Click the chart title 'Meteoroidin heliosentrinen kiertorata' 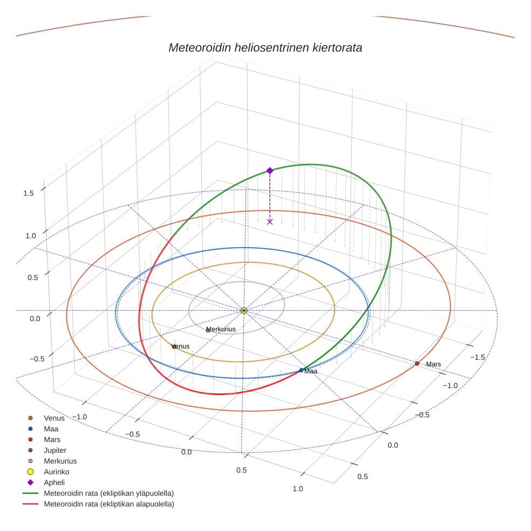tap(265, 47)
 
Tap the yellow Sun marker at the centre tap(244, 310)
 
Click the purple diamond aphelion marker tap(270, 171)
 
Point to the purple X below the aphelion tap(270, 222)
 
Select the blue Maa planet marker tap(301, 370)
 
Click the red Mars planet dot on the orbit tap(417, 364)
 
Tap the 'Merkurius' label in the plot tap(221, 329)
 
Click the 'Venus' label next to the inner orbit tap(181, 346)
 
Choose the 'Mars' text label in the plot tap(433, 364)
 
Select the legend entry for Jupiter tap(55, 450)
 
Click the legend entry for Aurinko tap(56, 472)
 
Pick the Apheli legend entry tap(54, 482)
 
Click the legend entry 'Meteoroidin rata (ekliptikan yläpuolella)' tap(108, 493)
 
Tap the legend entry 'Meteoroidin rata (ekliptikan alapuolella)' tap(108, 504)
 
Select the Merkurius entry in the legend tap(60, 461)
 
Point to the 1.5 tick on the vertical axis tap(29, 193)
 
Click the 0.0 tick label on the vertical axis tap(35, 319)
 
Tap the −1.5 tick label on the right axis tap(478, 357)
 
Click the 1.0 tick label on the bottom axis tap(297, 489)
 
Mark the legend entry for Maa tap(51, 428)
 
